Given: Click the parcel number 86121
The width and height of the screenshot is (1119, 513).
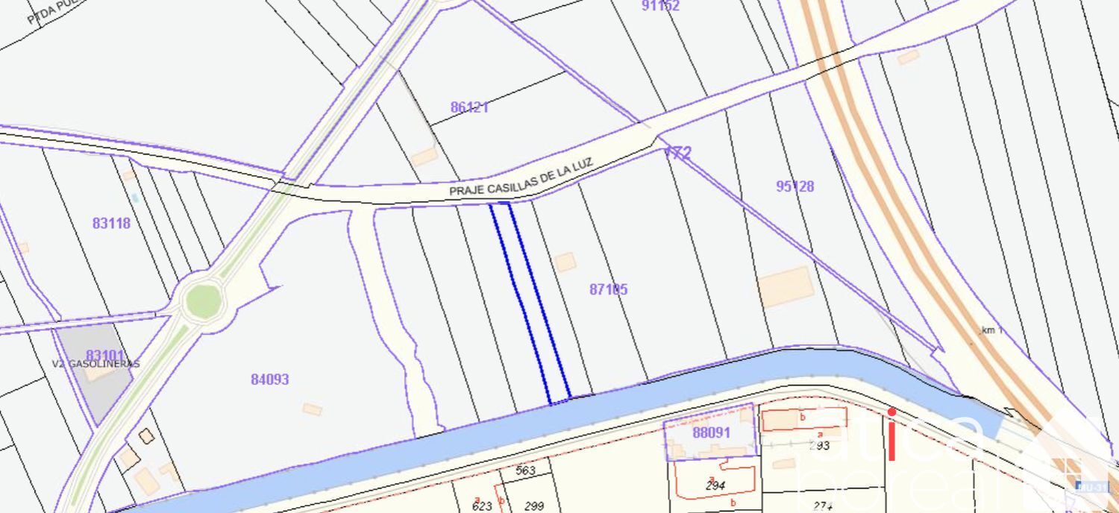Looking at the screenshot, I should pyautogui.click(x=469, y=107).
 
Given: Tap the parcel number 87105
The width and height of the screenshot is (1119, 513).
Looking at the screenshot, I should pyautogui.click(x=608, y=289).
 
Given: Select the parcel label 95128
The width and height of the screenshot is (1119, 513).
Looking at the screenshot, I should pyautogui.click(x=794, y=186).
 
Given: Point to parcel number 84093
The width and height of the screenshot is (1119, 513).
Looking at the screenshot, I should pyautogui.click(x=269, y=380).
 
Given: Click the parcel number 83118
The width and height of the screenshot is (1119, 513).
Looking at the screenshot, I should pyautogui.click(x=111, y=223).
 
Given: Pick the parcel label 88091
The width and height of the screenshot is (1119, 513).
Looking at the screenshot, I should pyautogui.click(x=712, y=432).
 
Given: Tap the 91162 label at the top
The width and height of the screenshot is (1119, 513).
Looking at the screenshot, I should pyautogui.click(x=660, y=6).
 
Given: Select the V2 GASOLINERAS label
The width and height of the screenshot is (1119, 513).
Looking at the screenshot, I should pyautogui.click(x=96, y=364).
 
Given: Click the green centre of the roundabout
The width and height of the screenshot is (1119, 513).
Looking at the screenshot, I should pyautogui.click(x=203, y=301).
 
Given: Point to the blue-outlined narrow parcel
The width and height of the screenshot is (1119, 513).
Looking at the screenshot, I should pyautogui.click(x=530, y=302).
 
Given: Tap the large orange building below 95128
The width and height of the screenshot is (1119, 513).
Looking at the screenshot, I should pyautogui.click(x=786, y=286).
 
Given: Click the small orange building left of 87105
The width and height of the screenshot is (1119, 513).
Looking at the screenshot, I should pyautogui.click(x=565, y=262).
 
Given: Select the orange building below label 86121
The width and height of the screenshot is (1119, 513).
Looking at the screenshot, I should pyautogui.click(x=424, y=157).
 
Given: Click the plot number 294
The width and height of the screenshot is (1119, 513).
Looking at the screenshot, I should pyautogui.click(x=715, y=485).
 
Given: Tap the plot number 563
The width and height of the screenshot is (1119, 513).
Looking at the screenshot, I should pyautogui.click(x=526, y=470).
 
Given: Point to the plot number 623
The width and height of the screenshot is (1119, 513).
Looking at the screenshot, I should pyautogui.click(x=482, y=506).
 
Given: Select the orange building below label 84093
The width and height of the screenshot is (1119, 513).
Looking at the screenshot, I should pyautogui.click(x=312, y=409).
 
